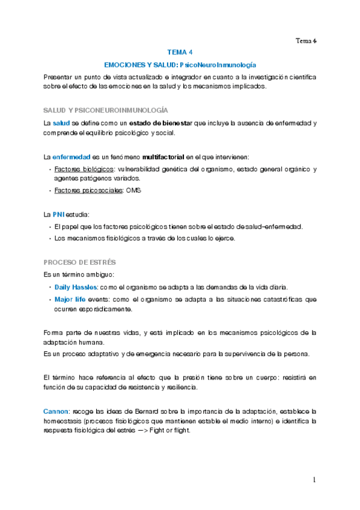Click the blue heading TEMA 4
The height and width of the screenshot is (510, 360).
coord(180,52)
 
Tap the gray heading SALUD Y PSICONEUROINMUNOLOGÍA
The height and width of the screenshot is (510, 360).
coord(106,111)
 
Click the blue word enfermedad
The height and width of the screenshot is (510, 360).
coord(73,156)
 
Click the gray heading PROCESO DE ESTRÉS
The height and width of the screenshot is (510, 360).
coord(80,263)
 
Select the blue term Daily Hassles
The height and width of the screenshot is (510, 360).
coord(76,287)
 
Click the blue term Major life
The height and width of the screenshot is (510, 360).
coord(70,299)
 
